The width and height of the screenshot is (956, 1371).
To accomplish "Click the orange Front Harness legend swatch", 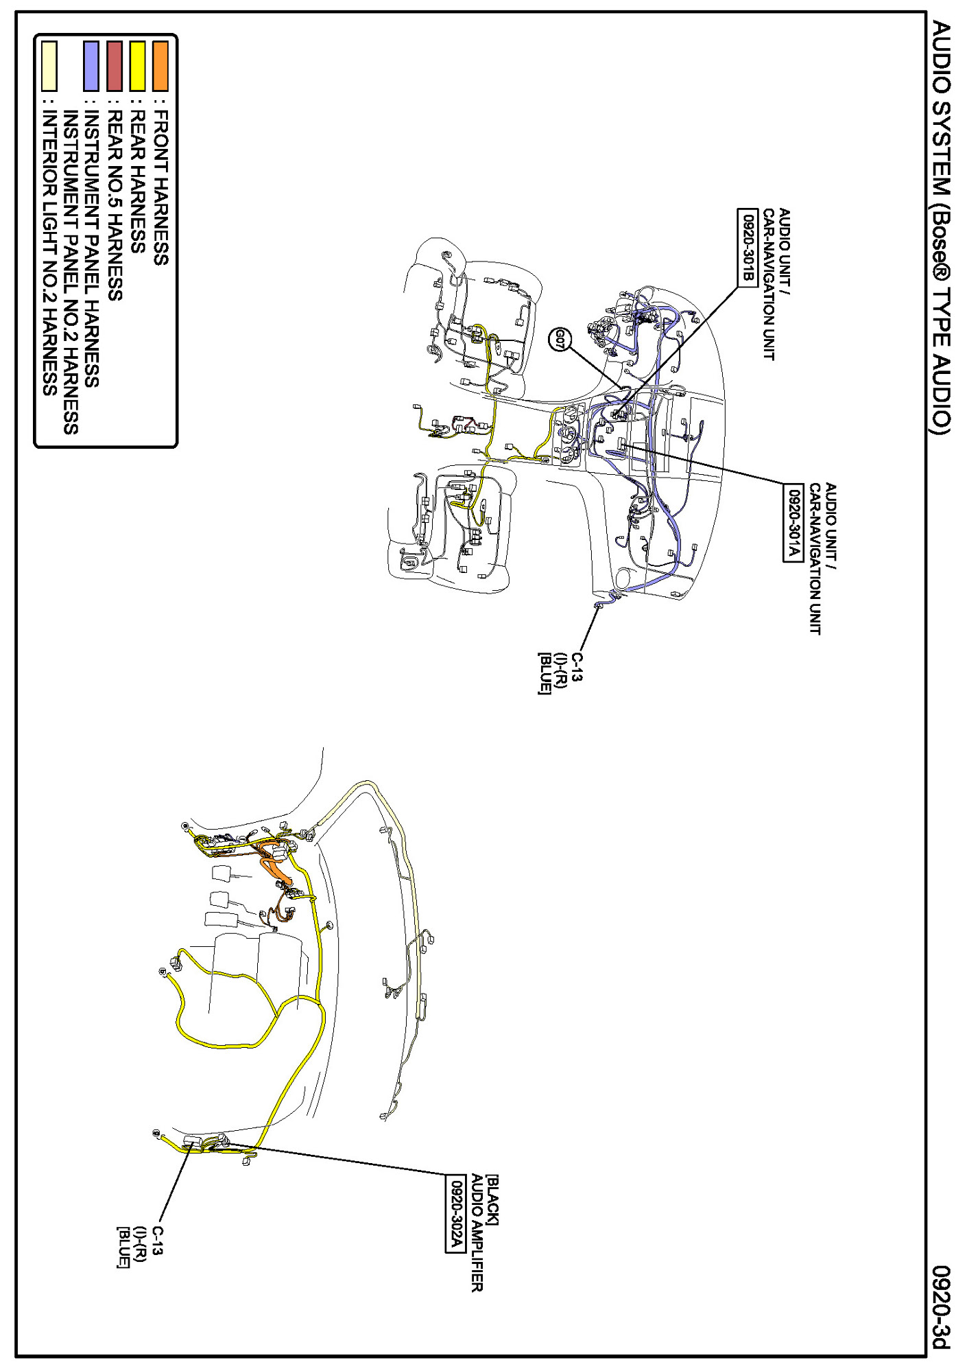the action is click(160, 67).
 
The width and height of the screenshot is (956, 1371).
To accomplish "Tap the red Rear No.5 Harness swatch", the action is click(115, 67).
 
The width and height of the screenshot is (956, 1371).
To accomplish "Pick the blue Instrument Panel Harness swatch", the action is click(91, 67).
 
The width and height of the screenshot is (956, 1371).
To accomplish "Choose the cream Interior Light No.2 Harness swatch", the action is click(49, 67).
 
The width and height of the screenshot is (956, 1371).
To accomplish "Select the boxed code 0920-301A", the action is click(792, 522).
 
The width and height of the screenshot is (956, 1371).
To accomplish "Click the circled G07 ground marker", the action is click(560, 339).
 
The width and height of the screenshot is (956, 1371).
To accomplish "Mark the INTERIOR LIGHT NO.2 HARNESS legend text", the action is click(49, 253).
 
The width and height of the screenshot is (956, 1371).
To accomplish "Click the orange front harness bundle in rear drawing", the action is click(278, 868).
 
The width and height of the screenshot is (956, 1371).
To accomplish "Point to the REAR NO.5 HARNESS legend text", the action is click(115, 205).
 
